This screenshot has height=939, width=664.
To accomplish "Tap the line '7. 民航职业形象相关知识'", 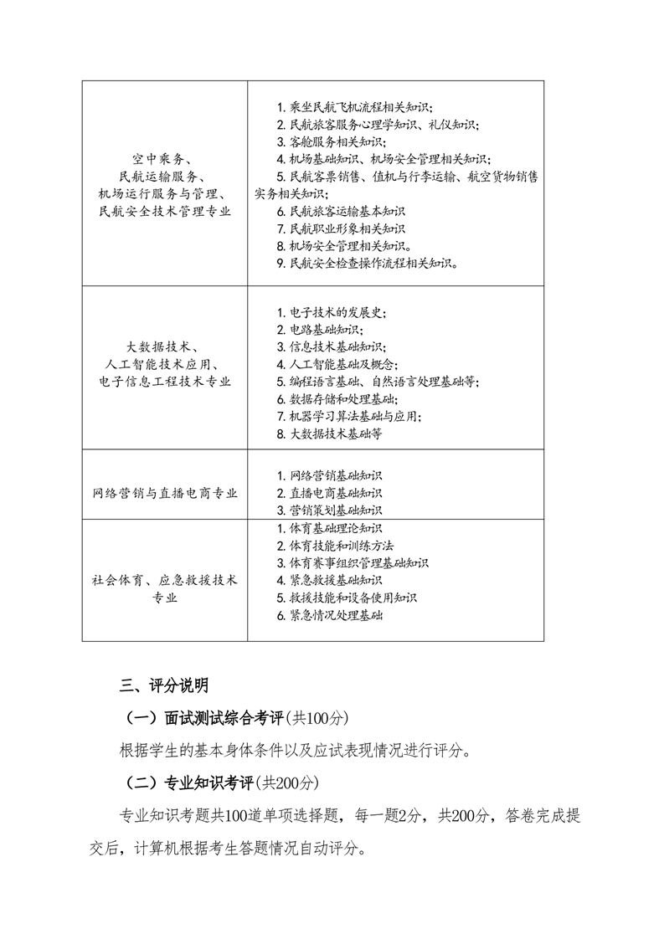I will (340, 228).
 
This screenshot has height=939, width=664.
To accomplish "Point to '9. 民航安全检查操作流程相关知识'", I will (367, 263).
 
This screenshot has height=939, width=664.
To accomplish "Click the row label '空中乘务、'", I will (164, 158).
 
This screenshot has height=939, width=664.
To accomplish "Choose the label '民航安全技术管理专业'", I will (164, 211).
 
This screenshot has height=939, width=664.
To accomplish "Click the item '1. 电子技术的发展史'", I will (332, 312).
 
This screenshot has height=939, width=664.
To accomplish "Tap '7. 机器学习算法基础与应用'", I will (348, 416).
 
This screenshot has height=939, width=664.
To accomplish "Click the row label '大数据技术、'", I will (164, 346).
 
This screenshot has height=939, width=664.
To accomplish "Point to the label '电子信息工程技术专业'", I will (164, 382).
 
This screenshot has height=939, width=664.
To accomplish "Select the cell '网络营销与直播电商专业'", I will (165, 493).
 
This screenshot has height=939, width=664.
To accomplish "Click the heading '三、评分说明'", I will (158, 686).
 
